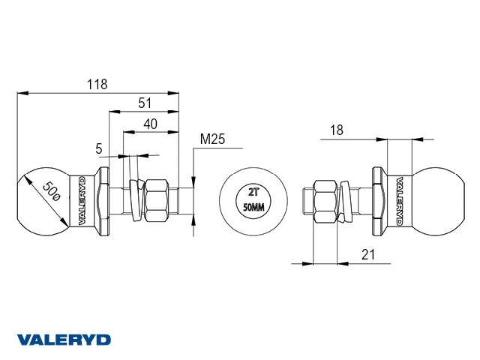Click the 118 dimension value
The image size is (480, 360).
(x=97, y=84)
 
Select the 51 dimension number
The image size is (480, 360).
(x=145, y=103)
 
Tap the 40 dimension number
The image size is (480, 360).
(x=151, y=124)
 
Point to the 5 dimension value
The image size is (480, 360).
(x=98, y=148)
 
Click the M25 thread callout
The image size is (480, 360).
(x=212, y=139)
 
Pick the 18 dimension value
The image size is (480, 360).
(x=337, y=130)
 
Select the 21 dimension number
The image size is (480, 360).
(x=368, y=254)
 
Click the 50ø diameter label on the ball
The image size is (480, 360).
(x=51, y=191)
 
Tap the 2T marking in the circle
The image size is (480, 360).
(x=253, y=193)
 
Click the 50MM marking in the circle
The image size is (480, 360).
(x=253, y=208)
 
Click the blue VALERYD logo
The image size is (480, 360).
(x=64, y=340)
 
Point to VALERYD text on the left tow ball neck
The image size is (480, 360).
(x=82, y=200)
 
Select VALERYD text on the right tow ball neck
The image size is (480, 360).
(x=400, y=201)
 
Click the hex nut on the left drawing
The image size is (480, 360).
(x=156, y=201)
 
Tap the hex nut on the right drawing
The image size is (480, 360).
(x=325, y=201)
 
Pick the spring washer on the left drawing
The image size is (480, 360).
(x=136, y=200)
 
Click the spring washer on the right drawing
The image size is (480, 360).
(x=344, y=201)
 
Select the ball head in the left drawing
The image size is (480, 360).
(x=43, y=201)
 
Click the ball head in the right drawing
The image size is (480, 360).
(x=438, y=201)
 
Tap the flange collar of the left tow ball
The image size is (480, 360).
(x=103, y=201)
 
